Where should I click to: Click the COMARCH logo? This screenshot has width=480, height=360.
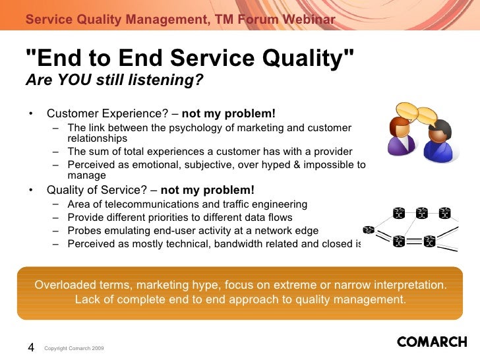coord(432,342)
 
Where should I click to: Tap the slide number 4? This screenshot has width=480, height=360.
coord(31,347)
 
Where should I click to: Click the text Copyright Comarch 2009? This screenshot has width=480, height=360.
coord(74,348)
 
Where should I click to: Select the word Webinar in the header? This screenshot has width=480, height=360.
coord(309,19)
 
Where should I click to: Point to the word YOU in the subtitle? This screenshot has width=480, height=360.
coord(75,80)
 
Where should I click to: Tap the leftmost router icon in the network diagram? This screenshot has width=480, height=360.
coord(369,229)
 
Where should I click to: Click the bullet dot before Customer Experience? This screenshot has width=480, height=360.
coord(30,113)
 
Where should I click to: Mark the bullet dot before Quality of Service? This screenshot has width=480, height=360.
coord(30,190)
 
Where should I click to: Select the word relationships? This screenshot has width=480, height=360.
coord(98,138)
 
